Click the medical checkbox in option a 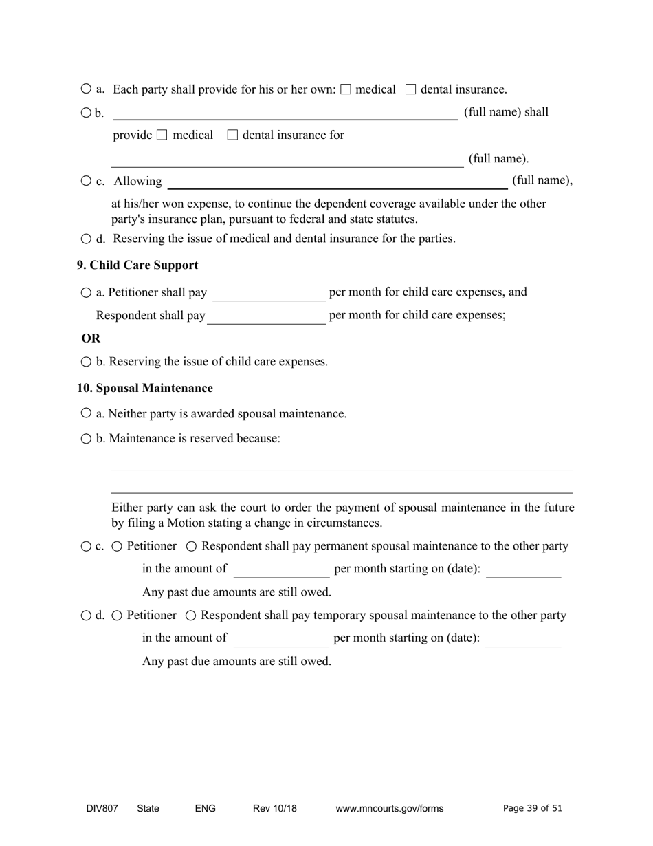(x=346, y=89)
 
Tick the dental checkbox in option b (x=232, y=135)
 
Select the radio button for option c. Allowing (x=86, y=181)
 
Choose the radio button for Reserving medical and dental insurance (x=86, y=239)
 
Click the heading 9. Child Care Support (x=137, y=265)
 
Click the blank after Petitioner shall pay (x=269, y=294)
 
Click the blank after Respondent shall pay (x=266, y=316)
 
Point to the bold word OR (x=91, y=338)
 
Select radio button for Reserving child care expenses (x=86, y=362)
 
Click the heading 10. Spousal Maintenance (x=145, y=389)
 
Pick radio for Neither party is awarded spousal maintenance (x=86, y=413)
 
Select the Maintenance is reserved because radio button (x=86, y=439)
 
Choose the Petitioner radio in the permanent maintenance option (x=118, y=546)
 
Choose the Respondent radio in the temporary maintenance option (x=191, y=616)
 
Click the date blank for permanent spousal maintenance (x=523, y=571)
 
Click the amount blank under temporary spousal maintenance (x=281, y=640)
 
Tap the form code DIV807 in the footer (x=102, y=809)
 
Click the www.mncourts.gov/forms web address (x=389, y=809)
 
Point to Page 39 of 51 (x=533, y=809)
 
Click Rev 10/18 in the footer (x=274, y=809)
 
